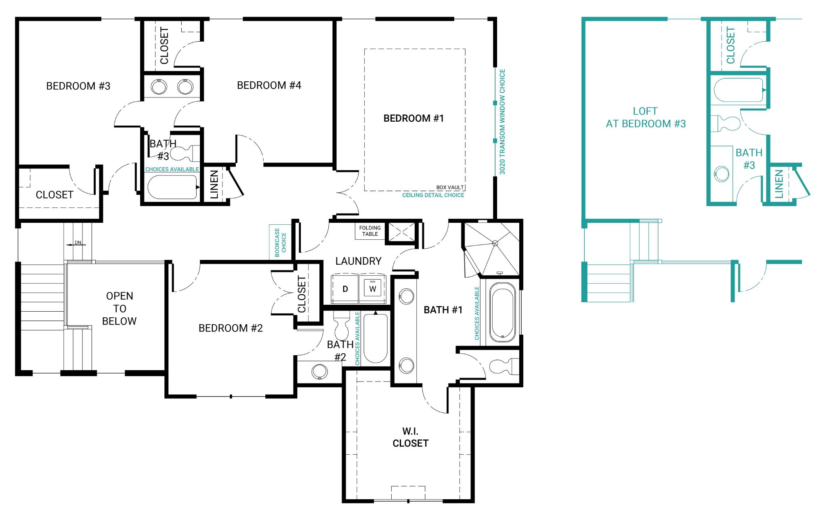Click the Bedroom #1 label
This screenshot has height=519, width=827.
(413, 118)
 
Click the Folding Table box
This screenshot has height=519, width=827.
(370, 231)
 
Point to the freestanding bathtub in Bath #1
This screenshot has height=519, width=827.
(502, 312)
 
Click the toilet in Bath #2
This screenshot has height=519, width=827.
(342, 325)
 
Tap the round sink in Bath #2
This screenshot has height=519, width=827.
(320, 371)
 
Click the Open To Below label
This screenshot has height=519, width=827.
(119, 308)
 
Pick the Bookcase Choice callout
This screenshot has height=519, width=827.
(280, 242)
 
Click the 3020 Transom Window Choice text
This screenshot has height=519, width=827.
(502, 122)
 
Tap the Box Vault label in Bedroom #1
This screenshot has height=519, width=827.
(450, 188)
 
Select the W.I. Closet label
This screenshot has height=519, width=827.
(410, 437)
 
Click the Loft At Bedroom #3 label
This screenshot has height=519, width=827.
(645, 117)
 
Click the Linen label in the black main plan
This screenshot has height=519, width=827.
(214, 184)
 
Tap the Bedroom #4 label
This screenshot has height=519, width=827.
(269, 85)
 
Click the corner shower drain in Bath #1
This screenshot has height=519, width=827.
(495, 243)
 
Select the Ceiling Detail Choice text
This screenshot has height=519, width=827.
(433, 195)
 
